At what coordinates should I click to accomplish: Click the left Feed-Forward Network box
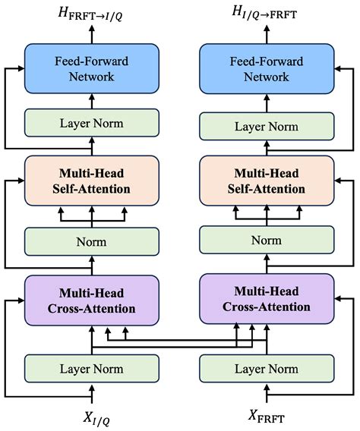(92, 68)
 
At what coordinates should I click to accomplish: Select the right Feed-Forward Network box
(266, 68)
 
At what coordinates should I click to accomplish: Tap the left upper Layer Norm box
(92, 123)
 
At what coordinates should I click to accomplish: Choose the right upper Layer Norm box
(266, 126)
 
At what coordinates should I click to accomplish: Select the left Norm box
(92, 241)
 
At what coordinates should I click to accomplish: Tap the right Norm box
(266, 241)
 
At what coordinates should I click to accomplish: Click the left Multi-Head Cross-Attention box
(92, 300)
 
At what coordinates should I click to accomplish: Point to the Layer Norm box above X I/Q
(92, 368)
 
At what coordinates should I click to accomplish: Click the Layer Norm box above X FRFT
(266, 368)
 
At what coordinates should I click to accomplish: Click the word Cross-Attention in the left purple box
(92, 309)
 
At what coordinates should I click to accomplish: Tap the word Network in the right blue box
(266, 77)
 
